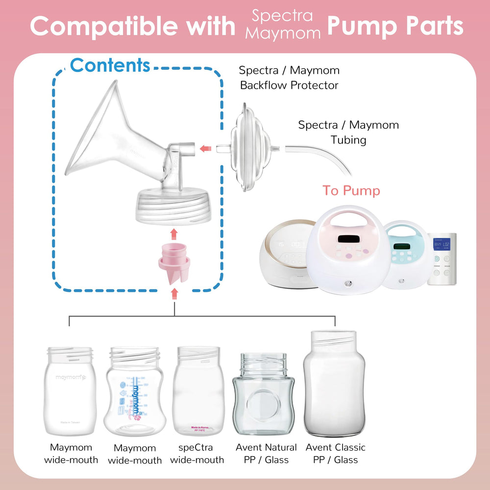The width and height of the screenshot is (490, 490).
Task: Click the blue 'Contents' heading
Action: pos(110,65)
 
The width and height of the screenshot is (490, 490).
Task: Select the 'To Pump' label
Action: pos(351,191)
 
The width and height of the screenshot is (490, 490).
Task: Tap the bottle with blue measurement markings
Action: pos(133,392)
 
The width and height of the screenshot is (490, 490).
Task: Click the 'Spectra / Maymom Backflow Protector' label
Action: pos(289,78)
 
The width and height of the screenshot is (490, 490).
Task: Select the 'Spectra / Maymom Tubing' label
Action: pos(348,132)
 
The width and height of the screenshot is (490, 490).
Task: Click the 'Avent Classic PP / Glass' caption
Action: pos(335,453)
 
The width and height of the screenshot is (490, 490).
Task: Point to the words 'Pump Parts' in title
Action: pos(395,26)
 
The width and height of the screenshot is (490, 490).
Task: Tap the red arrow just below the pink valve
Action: pos(174,293)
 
